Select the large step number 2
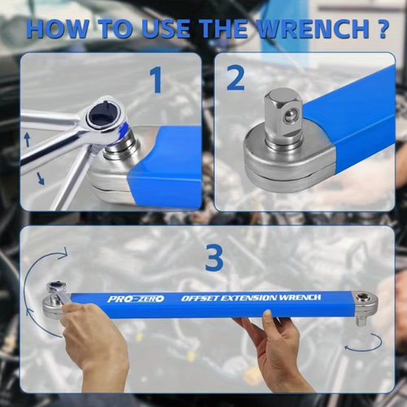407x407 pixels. (x=235, y=78)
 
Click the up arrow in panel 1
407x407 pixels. (x=27, y=140)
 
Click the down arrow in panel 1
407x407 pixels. (x=40, y=177)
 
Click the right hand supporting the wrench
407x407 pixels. (x=277, y=346)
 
